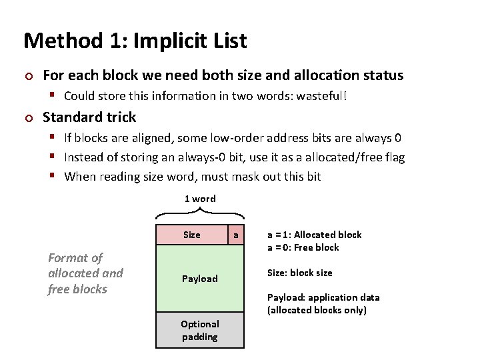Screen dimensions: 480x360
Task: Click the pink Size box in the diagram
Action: [191, 235]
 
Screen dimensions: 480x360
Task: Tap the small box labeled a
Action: [235, 235]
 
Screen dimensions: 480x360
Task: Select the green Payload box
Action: [200, 279]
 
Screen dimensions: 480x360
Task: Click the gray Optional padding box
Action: [200, 330]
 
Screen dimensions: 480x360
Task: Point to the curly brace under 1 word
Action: [200, 213]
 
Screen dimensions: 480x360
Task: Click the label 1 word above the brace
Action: [200, 199]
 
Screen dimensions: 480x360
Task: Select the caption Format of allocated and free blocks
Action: [85, 273]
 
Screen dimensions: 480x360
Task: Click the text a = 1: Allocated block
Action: [315, 235]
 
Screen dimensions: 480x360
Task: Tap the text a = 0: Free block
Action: [303, 247]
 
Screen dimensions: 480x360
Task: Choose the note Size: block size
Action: [300, 273]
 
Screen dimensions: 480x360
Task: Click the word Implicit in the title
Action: [163, 41]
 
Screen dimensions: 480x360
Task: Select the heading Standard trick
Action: [89, 117]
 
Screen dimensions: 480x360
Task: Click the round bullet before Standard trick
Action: [27, 118]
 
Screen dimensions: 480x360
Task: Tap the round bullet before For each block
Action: [27, 76]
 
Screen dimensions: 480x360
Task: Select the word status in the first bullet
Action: [383, 75]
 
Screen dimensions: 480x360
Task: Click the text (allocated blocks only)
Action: [317, 310]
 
